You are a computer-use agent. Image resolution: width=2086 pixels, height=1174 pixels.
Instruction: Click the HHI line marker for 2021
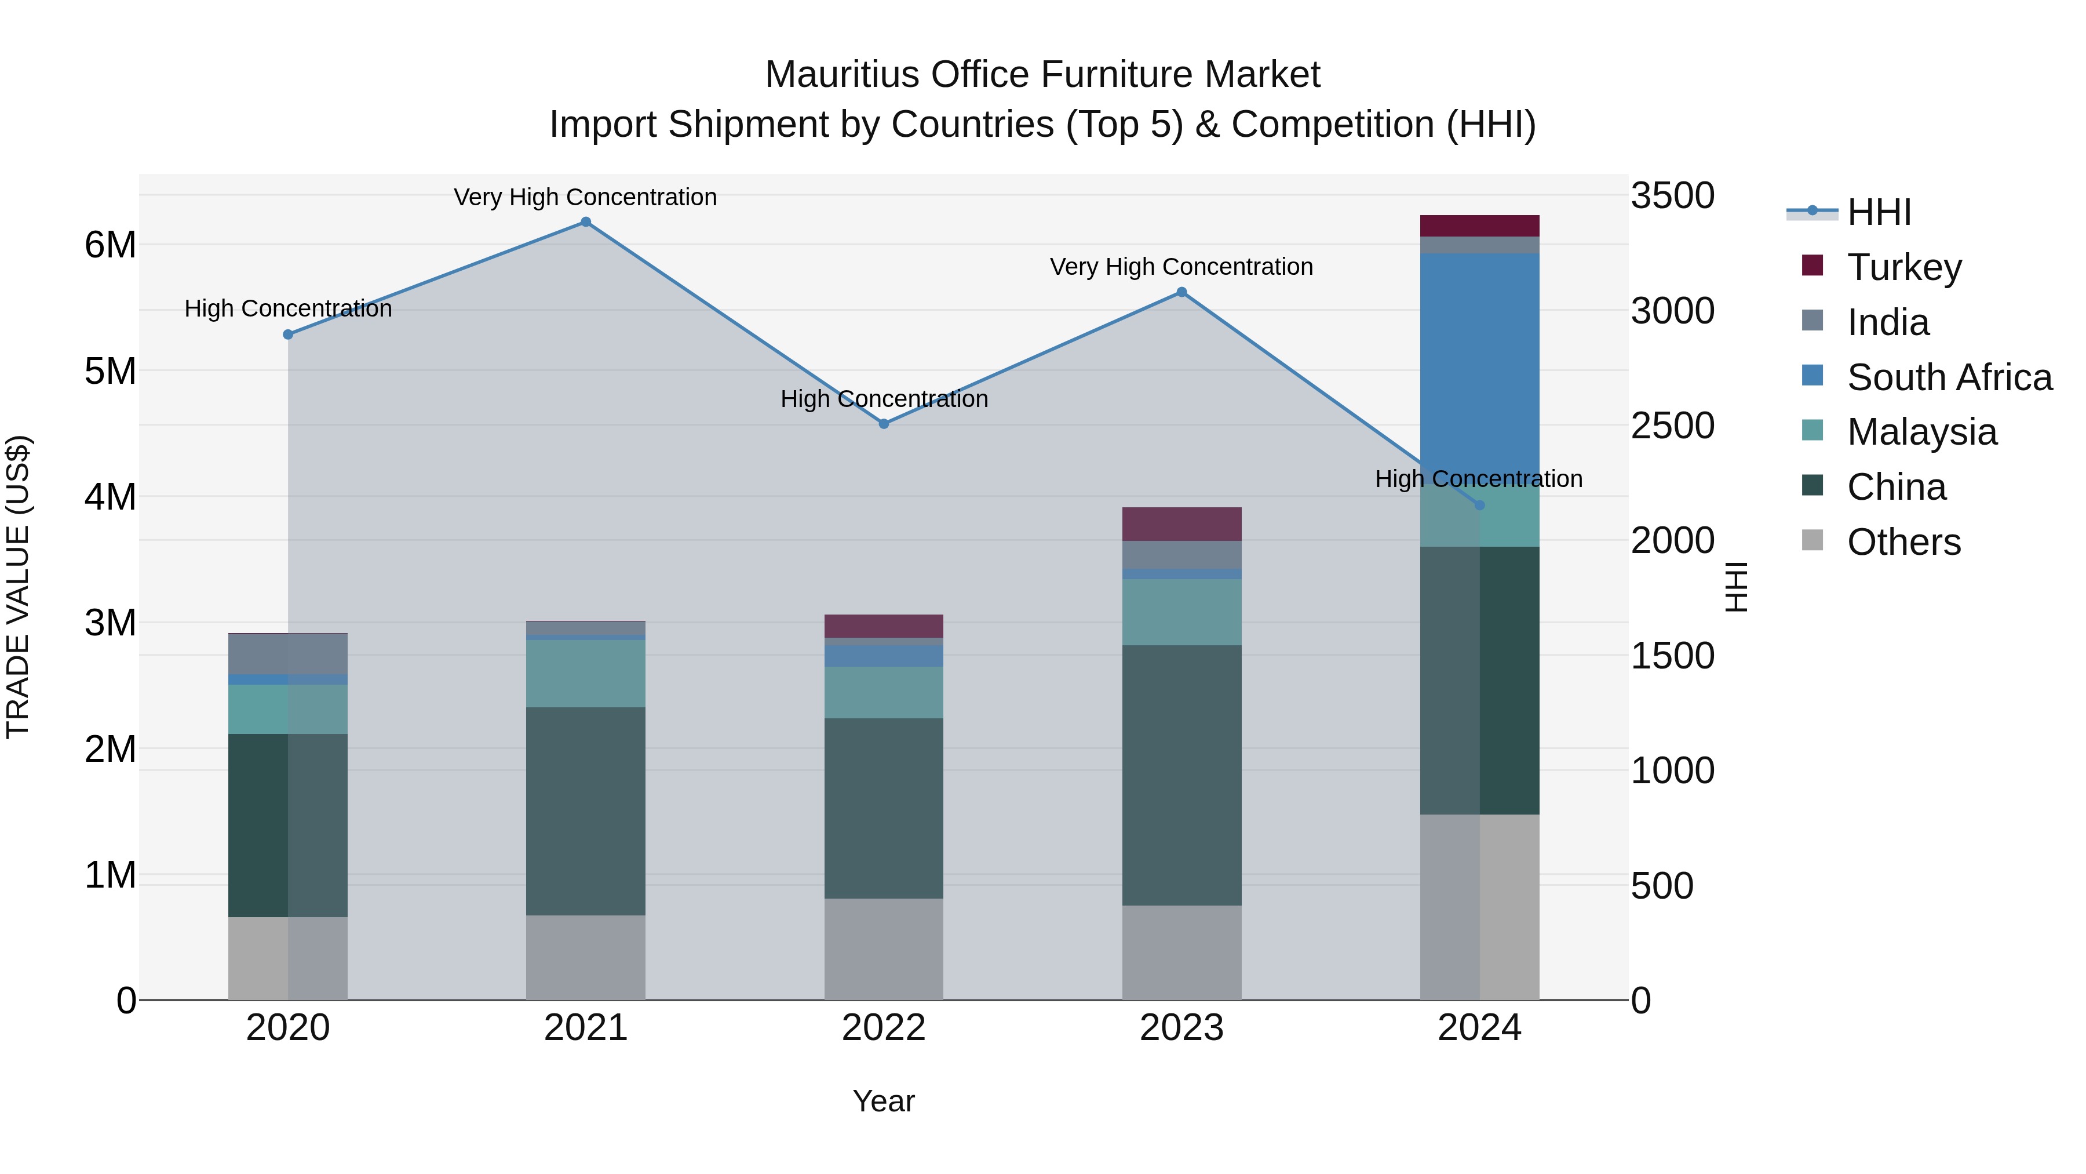coord(585,222)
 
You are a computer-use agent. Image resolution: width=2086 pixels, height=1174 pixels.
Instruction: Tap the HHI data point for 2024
coord(1479,505)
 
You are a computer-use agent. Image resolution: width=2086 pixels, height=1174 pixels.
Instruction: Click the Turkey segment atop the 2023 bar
coord(1181,524)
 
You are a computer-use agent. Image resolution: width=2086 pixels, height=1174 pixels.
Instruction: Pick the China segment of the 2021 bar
coord(585,810)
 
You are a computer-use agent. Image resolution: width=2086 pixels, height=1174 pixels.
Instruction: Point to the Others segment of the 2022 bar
coord(884,948)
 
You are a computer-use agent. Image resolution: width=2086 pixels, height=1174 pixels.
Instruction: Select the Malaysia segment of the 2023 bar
coord(1181,612)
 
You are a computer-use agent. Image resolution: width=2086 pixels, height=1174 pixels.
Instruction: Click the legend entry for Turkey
coord(1903,267)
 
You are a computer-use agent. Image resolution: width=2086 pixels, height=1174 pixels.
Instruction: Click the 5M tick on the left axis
coord(111,371)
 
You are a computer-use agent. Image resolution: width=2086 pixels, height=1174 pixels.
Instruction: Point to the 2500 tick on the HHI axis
coord(1672,426)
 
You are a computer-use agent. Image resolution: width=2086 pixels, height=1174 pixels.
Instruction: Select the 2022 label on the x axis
coord(884,1028)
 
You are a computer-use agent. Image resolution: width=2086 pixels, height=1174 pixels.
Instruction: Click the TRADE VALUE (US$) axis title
coord(19,587)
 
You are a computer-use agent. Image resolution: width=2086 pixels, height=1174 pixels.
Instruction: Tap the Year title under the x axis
coord(884,1101)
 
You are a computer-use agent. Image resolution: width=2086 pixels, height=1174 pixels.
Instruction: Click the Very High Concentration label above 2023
coord(1181,267)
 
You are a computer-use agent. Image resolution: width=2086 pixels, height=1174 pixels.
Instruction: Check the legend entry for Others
coord(1903,542)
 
